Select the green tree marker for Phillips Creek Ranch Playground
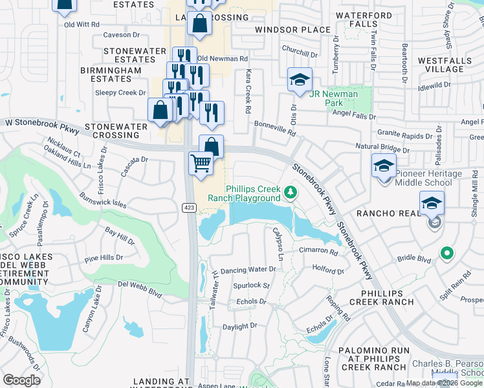291,191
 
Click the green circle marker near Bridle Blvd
446,253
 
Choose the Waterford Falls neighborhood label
364,19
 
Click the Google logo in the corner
21,380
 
